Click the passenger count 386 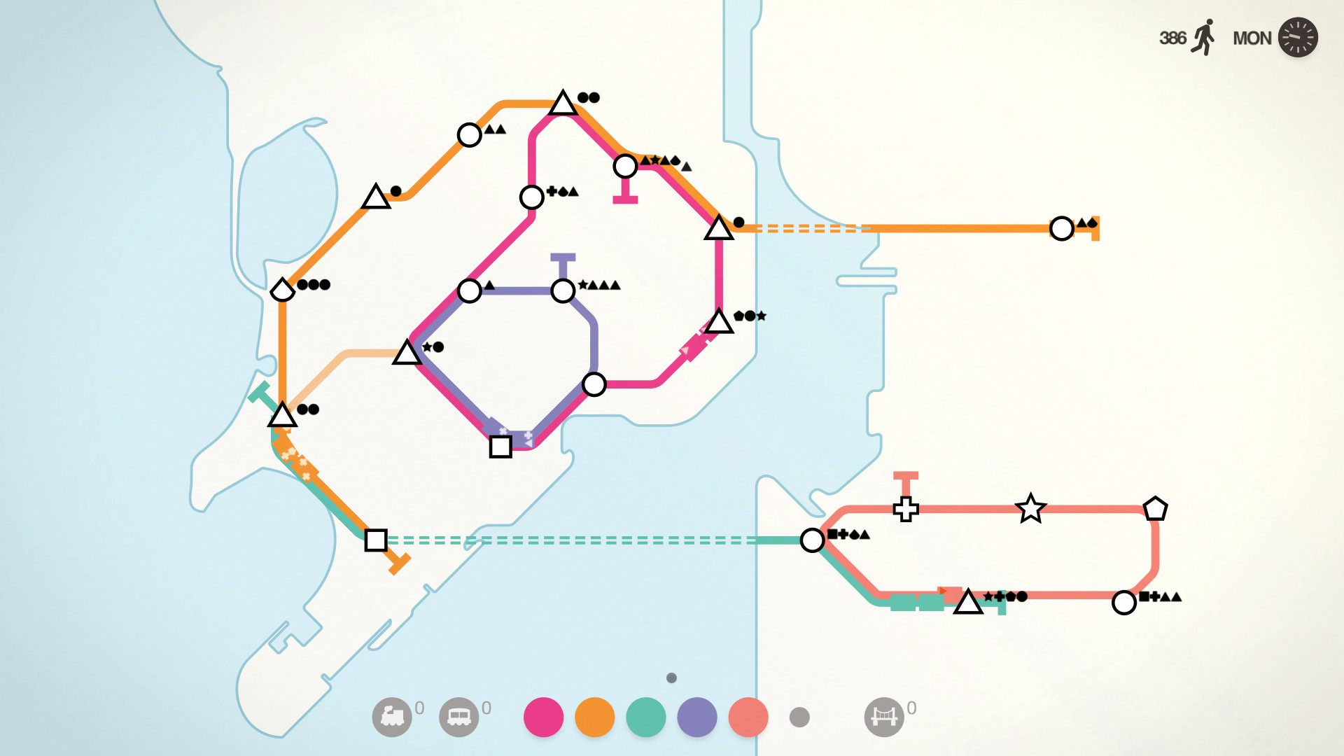tap(1172, 38)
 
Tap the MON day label tap(1252, 38)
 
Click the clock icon tap(1298, 37)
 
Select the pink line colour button tap(543, 717)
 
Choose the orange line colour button tap(594, 717)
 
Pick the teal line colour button tap(645, 717)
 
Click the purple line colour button tap(697, 717)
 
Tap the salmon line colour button tap(748, 717)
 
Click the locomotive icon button tap(392, 717)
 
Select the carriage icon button tap(459, 717)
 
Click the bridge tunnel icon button tap(884, 717)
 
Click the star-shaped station tap(1030, 509)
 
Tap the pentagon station tap(1155, 509)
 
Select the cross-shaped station tap(906, 509)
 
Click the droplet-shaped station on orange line tap(282, 289)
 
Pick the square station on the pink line tap(500, 447)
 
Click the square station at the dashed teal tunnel tap(376, 540)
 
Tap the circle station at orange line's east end tap(1062, 228)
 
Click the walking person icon tap(1204, 38)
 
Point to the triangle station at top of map tap(563, 104)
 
